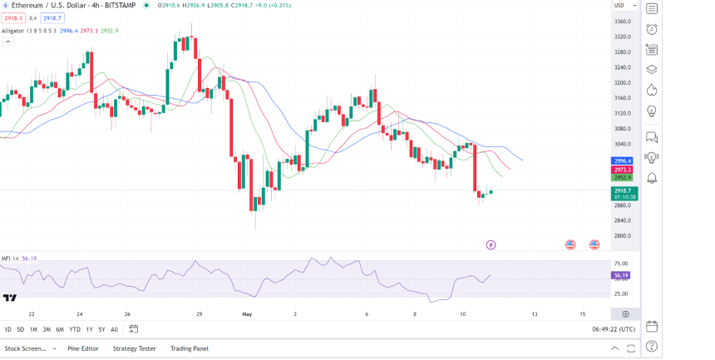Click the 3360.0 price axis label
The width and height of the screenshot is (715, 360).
[623, 22]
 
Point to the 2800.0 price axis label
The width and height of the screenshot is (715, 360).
[623, 236]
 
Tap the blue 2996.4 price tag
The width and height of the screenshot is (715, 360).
[623, 160]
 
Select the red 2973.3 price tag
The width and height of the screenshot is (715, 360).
[623, 169]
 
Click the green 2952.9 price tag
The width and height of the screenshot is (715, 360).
[623, 177]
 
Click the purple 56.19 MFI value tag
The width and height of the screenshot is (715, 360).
[619, 275]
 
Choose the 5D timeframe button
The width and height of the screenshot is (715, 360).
[21, 329]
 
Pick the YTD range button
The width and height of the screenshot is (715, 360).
[75, 329]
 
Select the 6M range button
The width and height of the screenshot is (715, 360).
[60, 329]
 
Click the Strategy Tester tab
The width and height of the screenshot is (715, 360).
[135, 348]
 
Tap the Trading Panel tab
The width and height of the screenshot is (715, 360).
[190, 348]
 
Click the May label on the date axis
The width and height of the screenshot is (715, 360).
[246, 314]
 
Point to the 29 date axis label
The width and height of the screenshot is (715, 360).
[200, 314]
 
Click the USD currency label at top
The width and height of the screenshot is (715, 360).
[619, 6]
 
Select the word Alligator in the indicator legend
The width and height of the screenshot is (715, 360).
[13, 31]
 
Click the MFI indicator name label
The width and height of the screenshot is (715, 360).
[6, 259]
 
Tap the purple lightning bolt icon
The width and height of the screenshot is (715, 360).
[491, 244]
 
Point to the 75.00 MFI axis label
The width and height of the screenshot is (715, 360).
[621, 264]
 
